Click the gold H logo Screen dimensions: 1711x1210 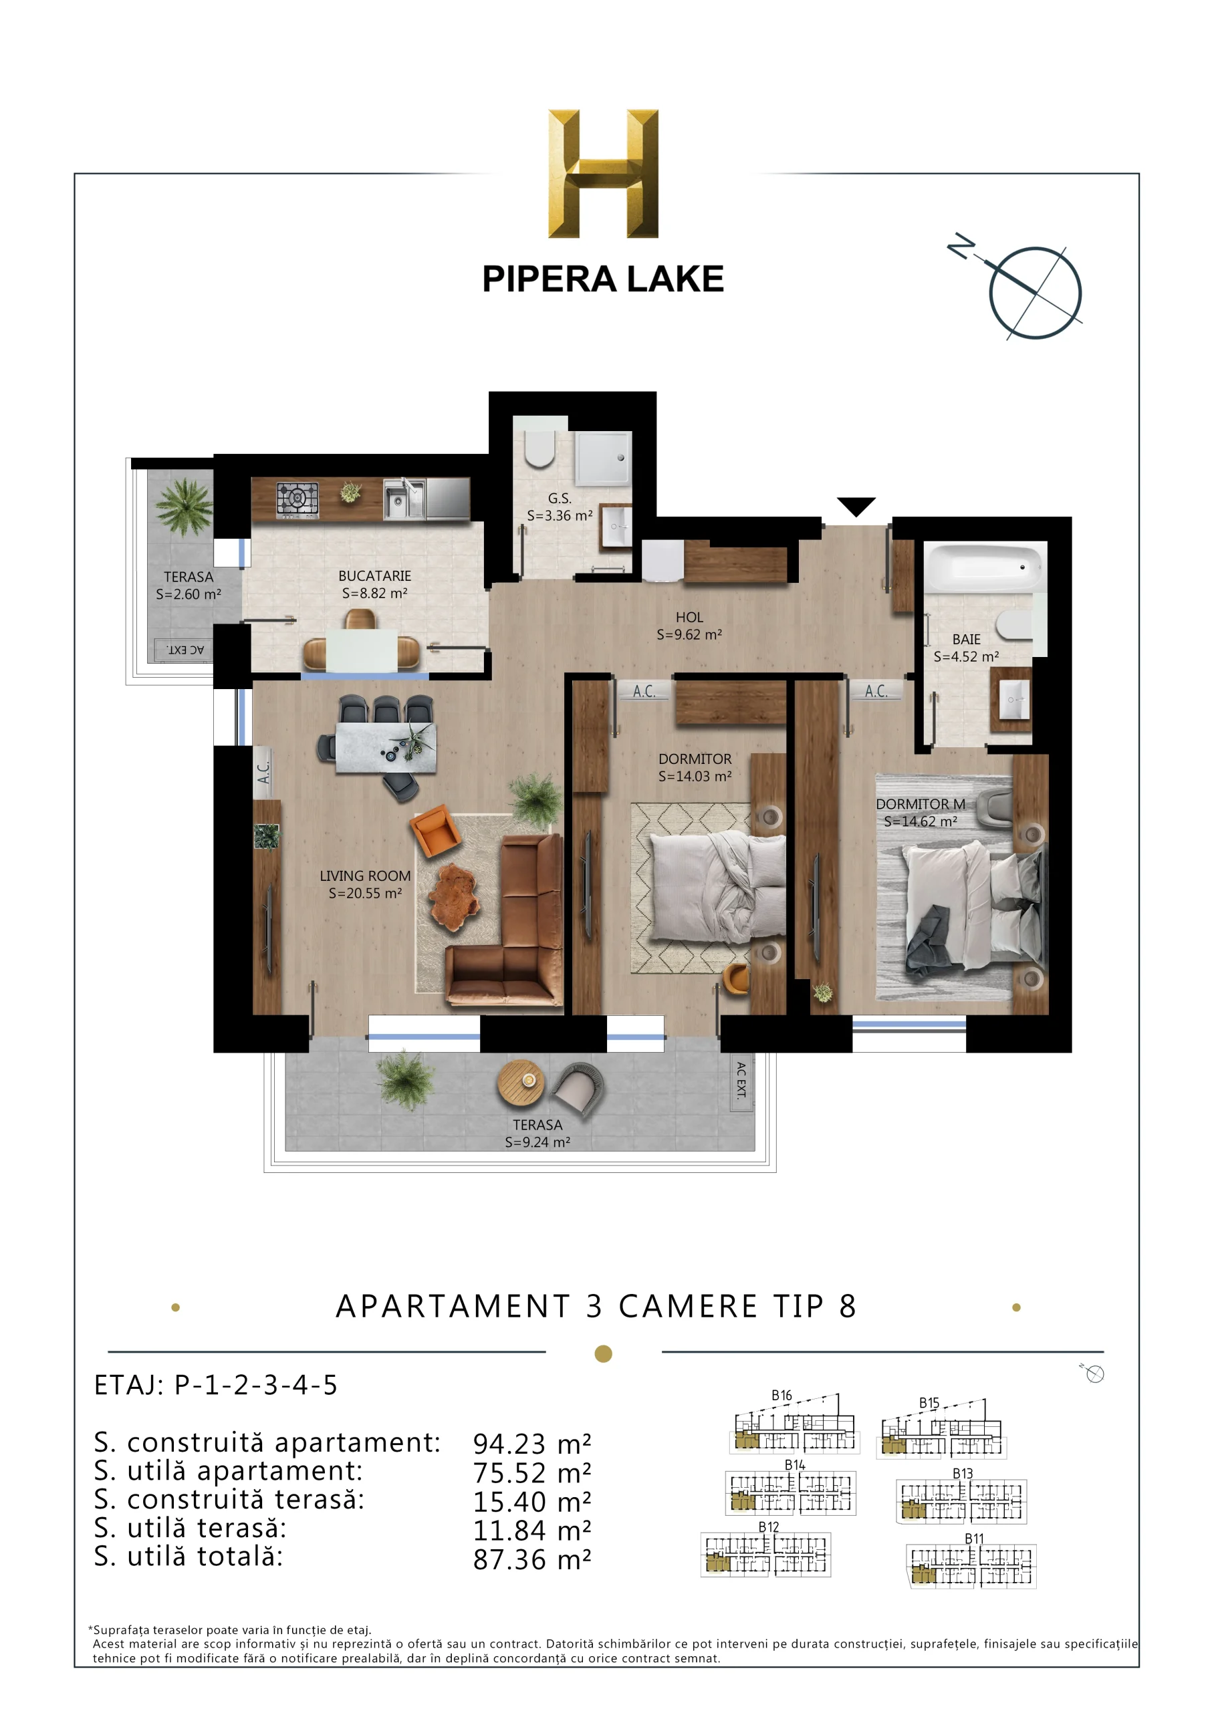point(602,174)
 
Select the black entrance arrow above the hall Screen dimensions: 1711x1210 point(855,506)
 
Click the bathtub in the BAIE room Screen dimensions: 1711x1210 point(985,568)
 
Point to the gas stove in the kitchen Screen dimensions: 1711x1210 point(297,499)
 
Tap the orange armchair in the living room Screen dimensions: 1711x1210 point(435,831)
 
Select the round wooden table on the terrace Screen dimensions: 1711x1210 point(520,1081)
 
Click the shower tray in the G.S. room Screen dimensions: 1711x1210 point(602,458)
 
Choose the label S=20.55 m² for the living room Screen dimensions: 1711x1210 point(364,893)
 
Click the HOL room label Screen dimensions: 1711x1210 point(689,617)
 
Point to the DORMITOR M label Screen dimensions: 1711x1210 point(920,804)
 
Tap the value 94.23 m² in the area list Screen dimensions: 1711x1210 point(531,1444)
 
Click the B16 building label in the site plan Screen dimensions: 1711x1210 point(781,1395)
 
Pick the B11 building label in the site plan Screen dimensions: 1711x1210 point(973,1539)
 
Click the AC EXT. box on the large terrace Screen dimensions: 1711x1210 point(740,1081)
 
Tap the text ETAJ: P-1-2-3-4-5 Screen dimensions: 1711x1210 point(215,1386)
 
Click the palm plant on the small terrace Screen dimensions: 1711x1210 point(183,506)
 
